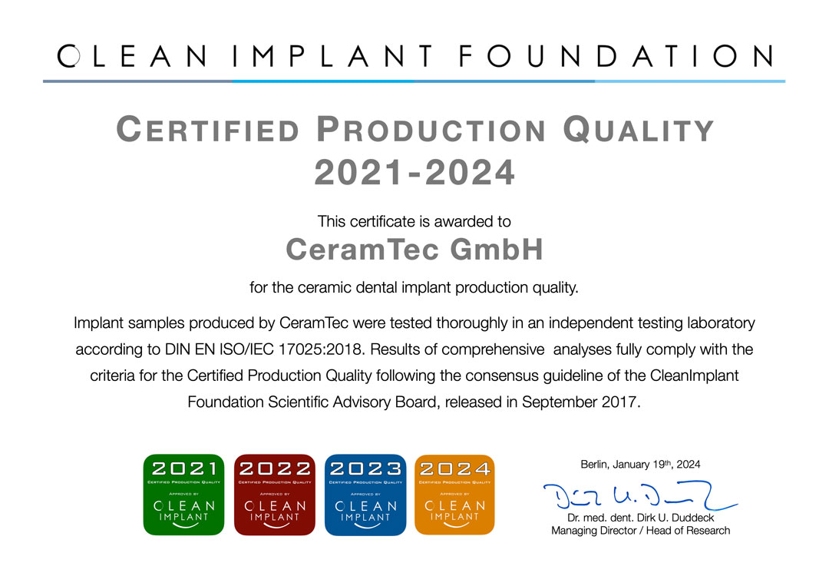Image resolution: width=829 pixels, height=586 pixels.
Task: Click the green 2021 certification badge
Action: click(183, 495)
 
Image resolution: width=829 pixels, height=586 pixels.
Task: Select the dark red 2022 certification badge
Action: click(274, 495)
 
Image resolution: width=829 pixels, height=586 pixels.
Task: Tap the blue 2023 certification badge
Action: click(365, 495)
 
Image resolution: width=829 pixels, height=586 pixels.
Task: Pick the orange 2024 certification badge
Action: click(454, 495)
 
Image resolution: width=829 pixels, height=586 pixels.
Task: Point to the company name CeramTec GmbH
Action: click(414, 249)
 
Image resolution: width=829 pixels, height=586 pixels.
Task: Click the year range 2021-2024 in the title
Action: click(414, 173)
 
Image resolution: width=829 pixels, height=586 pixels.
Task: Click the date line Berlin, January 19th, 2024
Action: click(640, 464)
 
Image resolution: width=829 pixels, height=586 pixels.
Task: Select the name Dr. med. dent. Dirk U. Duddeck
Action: click(640, 518)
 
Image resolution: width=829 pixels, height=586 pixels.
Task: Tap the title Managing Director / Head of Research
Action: click(640, 531)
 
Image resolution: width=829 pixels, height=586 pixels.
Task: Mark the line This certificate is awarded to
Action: click(414, 222)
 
